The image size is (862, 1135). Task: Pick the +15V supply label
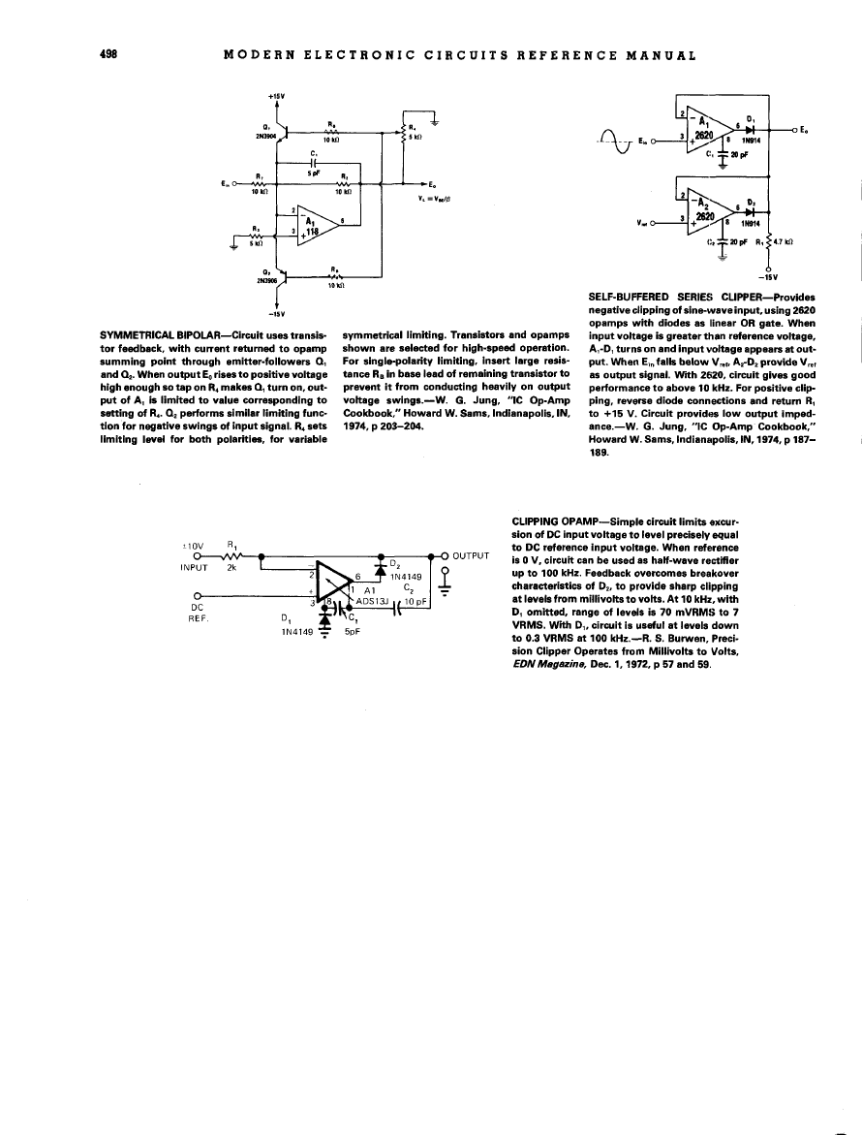pyautogui.click(x=276, y=97)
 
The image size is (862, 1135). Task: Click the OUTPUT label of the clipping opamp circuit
pyautogui.click(x=472, y=556)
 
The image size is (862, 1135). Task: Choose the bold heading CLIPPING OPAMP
pyautogui.click(x=551, y=520)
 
